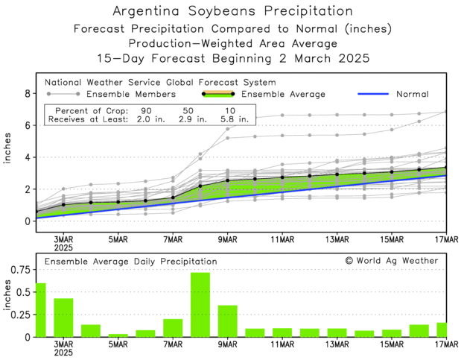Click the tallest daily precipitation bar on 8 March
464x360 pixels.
pos(200,306)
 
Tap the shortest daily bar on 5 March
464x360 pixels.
pos(118,335)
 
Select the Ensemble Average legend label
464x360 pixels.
pos(283,95)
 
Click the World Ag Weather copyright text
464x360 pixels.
pos(398,261)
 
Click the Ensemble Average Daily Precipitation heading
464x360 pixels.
pos(131,262)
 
